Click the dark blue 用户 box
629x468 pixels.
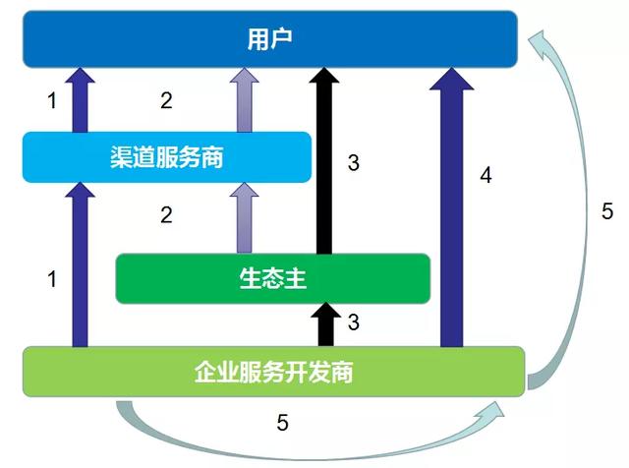click(x=269, y=39)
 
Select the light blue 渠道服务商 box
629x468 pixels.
click(x=167, y=157)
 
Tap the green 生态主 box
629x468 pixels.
click(x=273, y=278)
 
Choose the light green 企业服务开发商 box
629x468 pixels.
click(x=273, y=372)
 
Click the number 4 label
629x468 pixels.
click(x=486, y=175)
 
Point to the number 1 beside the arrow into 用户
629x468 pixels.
click(x=52, y=100)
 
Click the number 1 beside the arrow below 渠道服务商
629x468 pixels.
click(x=52, y=278)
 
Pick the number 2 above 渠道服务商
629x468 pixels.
click(x=166, y=100)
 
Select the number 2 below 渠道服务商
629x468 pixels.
click(x=166, y=215)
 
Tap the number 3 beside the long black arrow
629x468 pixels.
click(x=354, y=163)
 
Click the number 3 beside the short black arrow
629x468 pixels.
click(x=354, y=322)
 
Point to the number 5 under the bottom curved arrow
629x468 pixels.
click(x=282, y=423)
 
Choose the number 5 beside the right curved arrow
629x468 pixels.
click(x=607, y=211)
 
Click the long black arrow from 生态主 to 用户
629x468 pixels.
click(x=324, y=160)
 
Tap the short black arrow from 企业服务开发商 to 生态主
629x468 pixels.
click(x=325, y=324)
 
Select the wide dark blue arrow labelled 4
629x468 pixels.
click(x=452, y=206)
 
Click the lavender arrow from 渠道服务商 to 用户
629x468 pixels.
click(x=245, y=100)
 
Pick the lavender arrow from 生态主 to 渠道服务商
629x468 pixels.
click(x=245, y=218)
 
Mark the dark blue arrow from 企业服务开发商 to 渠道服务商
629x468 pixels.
click(x=80, y=264)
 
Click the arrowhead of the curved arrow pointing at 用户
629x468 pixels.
click(x=540, y=42)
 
